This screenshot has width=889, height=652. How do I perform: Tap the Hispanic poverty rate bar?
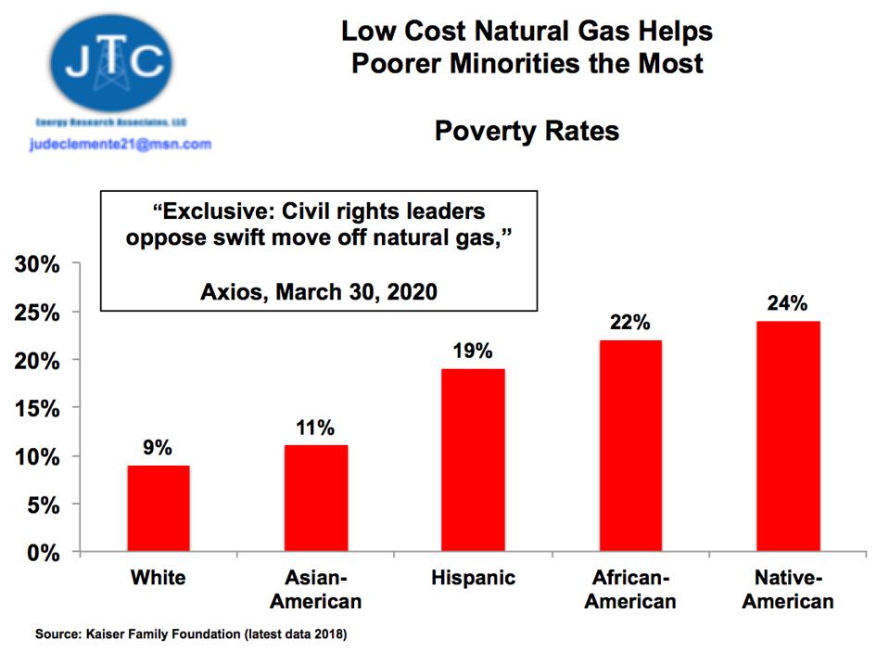[473, 460]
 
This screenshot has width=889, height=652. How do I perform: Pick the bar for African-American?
[630, 446]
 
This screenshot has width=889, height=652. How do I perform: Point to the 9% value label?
[158, 448]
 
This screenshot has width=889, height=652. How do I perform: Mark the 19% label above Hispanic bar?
[473, 352]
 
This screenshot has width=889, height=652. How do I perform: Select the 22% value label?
[630, 323]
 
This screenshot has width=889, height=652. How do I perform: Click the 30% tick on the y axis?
[37, 264]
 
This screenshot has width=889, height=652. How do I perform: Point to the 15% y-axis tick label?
[37, 409]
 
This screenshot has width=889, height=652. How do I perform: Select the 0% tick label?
[43, 554]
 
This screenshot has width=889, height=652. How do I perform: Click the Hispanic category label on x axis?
[473, 579]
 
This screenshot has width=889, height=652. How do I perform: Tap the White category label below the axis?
[158, 579]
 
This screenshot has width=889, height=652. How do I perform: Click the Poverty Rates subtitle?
[527, 132]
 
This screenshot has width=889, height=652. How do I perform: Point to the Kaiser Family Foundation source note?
[191, 635]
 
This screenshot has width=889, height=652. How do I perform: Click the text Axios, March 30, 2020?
[318, 292]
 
